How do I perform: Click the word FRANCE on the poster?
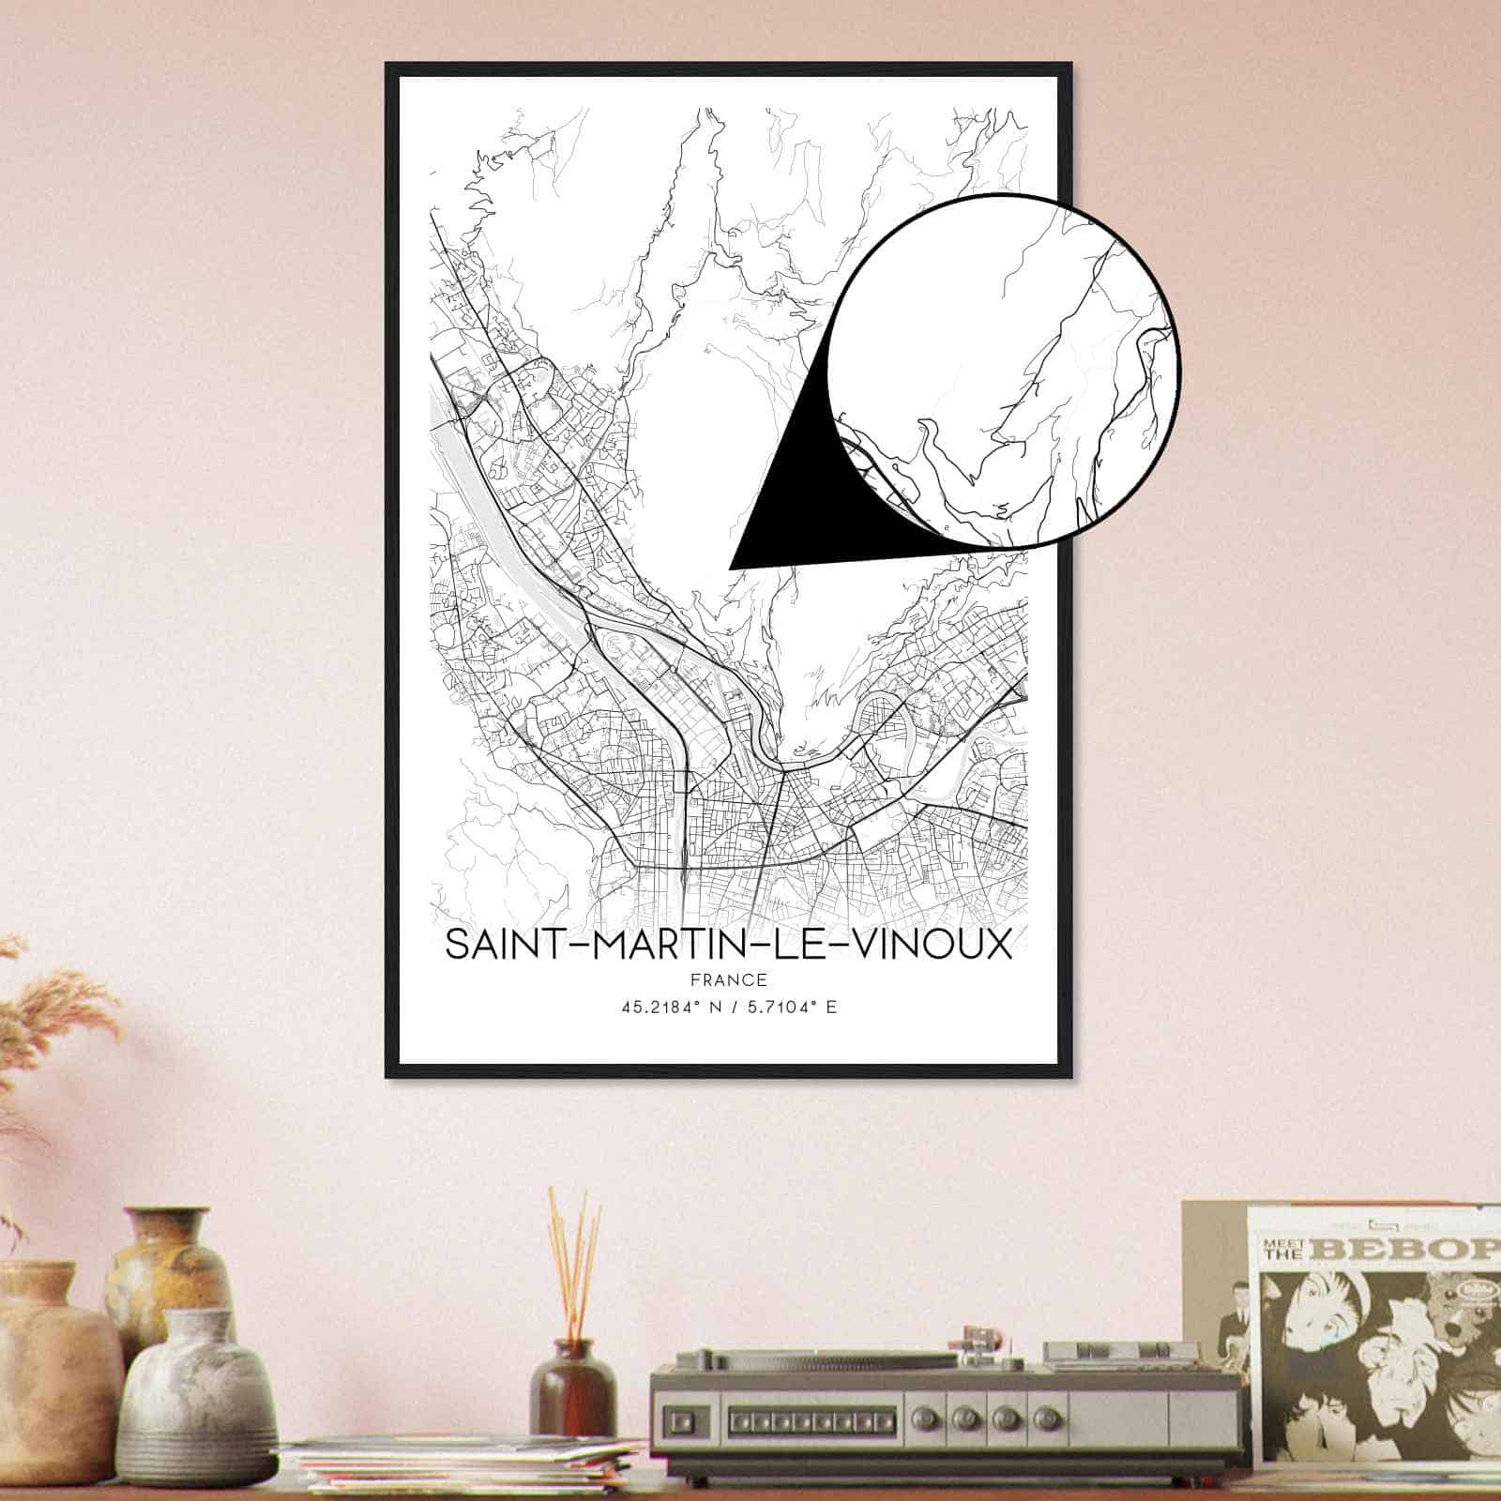728,980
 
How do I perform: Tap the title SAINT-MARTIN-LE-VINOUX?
728,945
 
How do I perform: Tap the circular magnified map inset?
1004,371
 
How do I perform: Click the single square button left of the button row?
677,1414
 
